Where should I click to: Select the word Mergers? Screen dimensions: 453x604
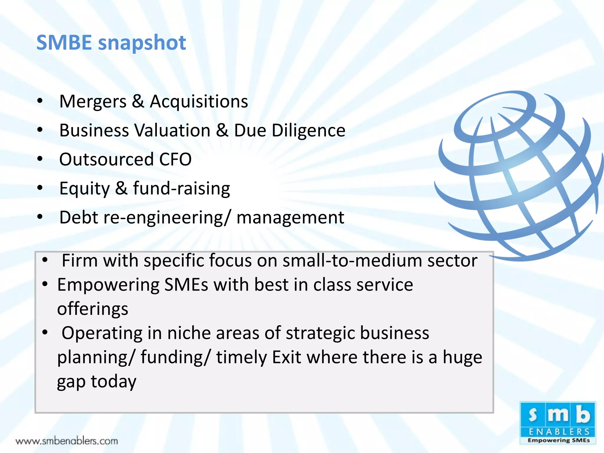coord(93,102)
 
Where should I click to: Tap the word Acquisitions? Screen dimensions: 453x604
coord(199,102)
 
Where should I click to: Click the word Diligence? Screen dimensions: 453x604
coord(308,131)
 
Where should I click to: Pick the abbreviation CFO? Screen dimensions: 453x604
coord(175,160)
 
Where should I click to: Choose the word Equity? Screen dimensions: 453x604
coord(84,189)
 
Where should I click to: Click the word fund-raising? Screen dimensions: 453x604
coord(181,188)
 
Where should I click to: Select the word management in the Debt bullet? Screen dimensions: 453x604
coord(290,218)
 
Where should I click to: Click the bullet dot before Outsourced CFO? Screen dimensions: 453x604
coord(40,159)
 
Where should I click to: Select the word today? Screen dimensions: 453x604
coord(114,382)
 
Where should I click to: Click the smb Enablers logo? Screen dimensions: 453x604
coord(558,423)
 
